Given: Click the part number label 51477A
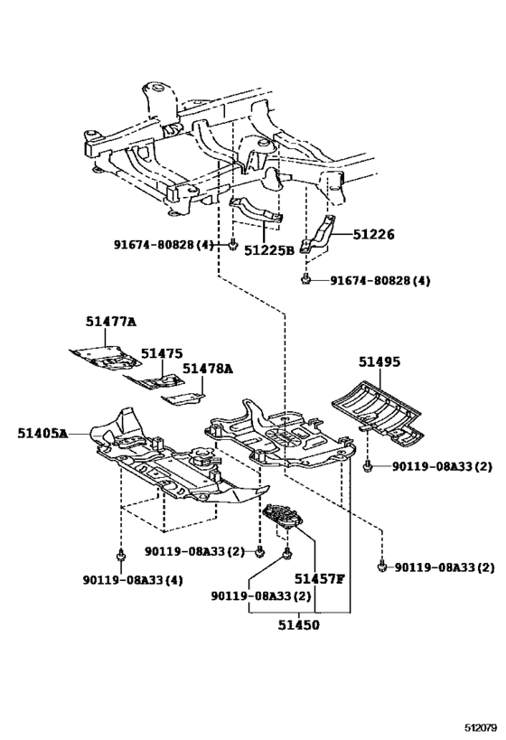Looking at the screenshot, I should click(x=111, y=321).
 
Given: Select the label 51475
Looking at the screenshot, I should click(x=160, y=353).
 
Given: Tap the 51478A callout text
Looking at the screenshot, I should click(x=207, y=369).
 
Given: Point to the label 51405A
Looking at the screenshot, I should click(x=42, y=434).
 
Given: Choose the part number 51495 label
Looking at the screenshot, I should click(x=377, y=361).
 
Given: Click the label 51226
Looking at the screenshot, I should click(x=374, y=234).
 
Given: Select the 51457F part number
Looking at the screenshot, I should click(x=319, y=578).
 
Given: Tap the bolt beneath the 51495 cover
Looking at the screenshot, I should click(x=368, y=466).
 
